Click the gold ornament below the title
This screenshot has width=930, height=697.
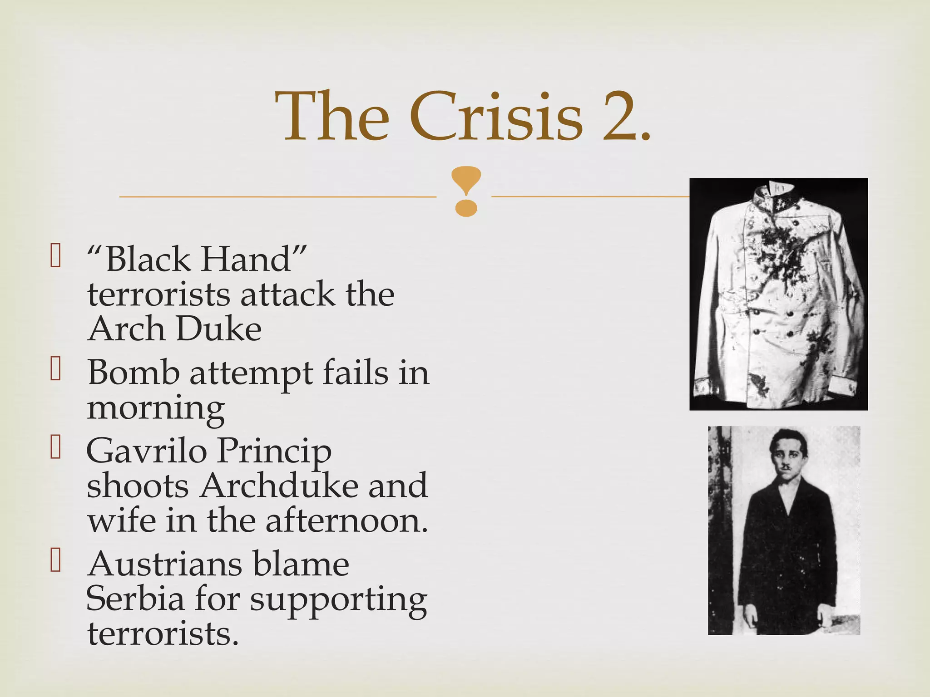coord(466,191)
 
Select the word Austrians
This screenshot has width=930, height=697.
coord(166,564)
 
